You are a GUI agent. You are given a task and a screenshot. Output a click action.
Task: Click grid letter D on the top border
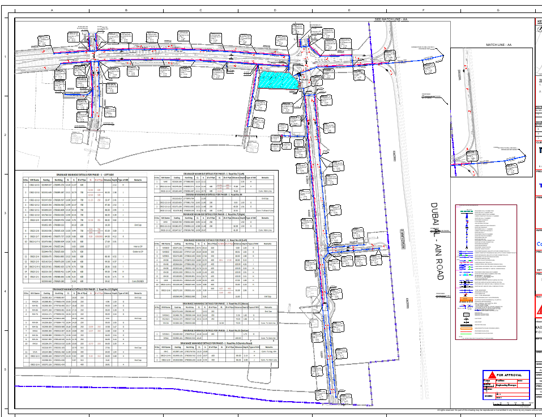(275, 10)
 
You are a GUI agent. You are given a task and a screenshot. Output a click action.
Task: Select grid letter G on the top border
(498, 10)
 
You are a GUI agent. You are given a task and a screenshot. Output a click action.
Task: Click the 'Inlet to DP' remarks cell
(137, 246)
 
